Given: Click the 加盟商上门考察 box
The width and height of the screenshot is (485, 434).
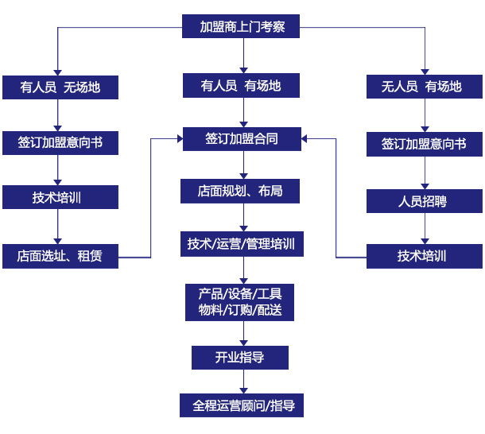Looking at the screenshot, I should tap(242, 27).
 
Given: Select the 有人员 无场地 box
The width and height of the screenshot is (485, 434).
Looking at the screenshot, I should tap(60, 87).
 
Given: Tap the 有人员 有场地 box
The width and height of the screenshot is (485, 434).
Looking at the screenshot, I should tap(242, 85).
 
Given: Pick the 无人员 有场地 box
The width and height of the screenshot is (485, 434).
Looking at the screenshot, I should tap(425, 87).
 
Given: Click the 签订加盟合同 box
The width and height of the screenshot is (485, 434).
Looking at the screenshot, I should tap(242, 138).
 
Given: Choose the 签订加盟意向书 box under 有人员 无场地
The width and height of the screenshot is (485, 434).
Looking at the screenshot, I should tap(60, 143).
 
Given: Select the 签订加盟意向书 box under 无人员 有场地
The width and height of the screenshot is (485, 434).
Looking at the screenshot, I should tap(425, 144).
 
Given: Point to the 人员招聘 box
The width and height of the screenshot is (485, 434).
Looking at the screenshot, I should tap(425, 200).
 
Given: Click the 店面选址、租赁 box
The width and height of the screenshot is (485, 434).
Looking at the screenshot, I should tap(60, 256).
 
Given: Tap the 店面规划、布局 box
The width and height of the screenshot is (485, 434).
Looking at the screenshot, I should tap(242, 191).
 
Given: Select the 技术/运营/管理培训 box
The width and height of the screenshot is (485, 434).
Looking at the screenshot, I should tap(242, 243).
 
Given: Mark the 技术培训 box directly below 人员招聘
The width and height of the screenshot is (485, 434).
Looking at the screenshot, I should tap(425, 256).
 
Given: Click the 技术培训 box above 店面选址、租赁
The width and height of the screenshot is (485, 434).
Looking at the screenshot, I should tap(60, 197).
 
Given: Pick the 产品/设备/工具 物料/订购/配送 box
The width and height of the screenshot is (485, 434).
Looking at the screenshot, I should tap(242, 301).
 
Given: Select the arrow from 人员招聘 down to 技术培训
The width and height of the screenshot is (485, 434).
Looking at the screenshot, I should tap(425, 228).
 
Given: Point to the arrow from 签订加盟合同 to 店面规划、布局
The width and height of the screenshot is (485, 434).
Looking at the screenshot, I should tap(242, 165).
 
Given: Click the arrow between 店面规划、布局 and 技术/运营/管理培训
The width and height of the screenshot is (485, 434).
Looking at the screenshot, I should tap(242, 217).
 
